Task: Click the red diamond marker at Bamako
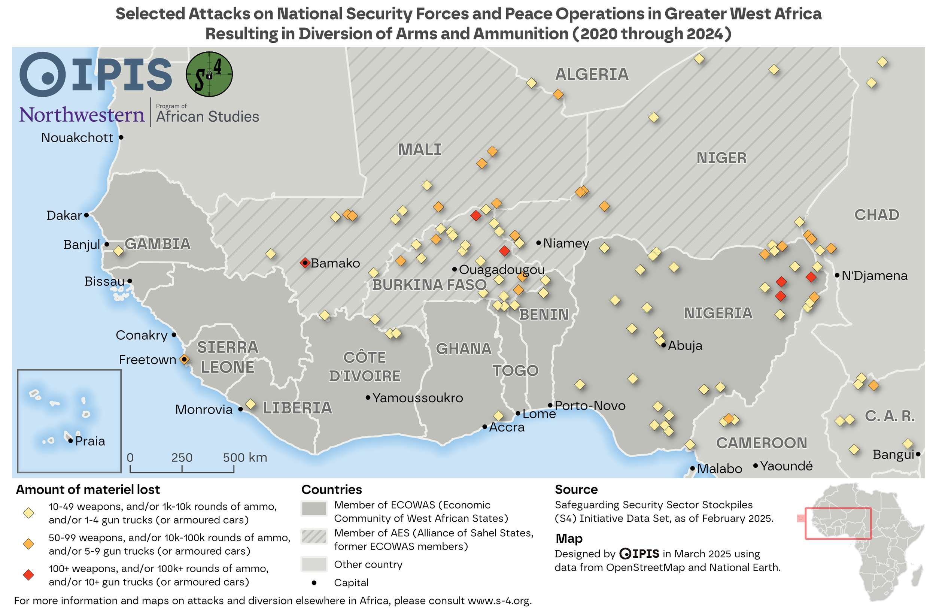305,263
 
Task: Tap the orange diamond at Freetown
184,360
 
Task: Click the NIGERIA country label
718,313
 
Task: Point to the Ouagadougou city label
501,270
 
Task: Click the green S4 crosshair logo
209,74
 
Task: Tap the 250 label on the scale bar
182,457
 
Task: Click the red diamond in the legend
28,575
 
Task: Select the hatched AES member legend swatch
314,536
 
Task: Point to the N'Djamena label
874,276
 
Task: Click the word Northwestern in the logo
82,115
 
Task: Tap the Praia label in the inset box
90,441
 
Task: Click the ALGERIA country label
592,74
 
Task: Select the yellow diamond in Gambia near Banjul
118,251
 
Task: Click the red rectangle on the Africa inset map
838,524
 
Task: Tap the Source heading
576,490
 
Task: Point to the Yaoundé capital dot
756,466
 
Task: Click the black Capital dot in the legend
314,583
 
